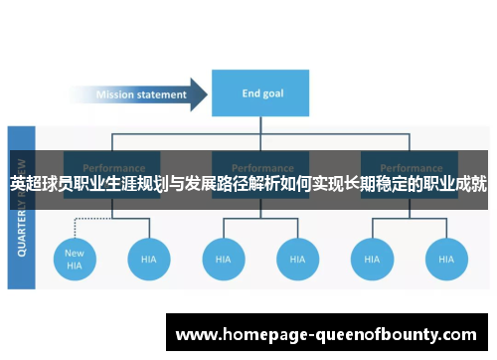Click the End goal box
click(261, 94)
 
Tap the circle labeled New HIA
click(76, 259)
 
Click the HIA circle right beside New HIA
click(149, 259)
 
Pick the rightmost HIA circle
click(446, 259)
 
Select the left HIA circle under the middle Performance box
click(224, 259)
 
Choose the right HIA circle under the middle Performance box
click(297, 259)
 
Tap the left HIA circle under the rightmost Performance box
click(372, 259)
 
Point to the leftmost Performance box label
click(112, 168)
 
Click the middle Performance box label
click(260, 168)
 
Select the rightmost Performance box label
click(409, 168)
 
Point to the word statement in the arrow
click(161, 95)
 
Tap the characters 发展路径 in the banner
click(218, 184)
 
